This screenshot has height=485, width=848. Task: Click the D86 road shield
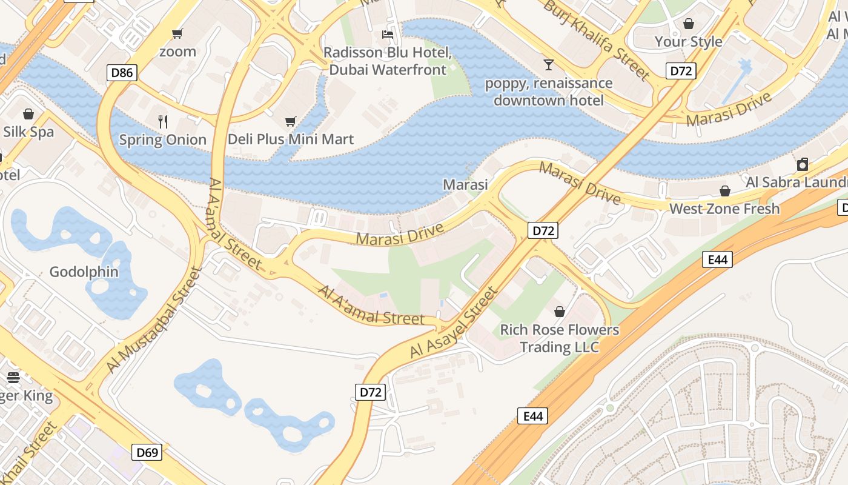coord(122,73)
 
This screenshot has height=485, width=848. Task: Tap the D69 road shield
coord(147,452)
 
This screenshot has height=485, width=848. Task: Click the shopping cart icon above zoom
coord(177,34)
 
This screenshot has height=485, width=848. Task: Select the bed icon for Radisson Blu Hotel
coord(388,35)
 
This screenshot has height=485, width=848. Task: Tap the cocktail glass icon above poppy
coord(549,64)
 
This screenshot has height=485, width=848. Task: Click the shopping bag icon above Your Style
coord(689,24)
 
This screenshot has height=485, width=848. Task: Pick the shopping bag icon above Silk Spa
coord(28,114)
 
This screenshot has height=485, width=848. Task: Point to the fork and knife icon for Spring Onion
coord(162,122)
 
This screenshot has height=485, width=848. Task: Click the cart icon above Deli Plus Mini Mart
coord(291,122)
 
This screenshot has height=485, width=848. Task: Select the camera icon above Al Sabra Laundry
coord(803,164)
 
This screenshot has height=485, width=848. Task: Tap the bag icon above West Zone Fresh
coord(724,191)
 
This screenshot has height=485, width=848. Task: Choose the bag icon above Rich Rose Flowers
coord(560,312)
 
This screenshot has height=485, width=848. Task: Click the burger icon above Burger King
coord(13,378)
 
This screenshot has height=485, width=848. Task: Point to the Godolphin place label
coord(84,272)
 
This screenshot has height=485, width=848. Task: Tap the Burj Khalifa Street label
coord(596,40)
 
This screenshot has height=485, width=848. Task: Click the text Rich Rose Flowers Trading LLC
coord(560,338)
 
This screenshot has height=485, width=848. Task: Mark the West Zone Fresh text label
coord(724,209)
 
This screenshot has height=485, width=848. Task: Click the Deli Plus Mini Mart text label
coord(291,139)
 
